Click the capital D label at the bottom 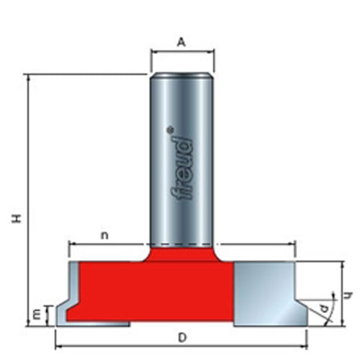pyautogui.click(x=183, y=336)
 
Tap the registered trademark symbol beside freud pyautogui.click(x=170, y=130)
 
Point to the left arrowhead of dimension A pyautogui.click(x=153, y=52)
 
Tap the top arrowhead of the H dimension pyautogui.click(x=28, y=77)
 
